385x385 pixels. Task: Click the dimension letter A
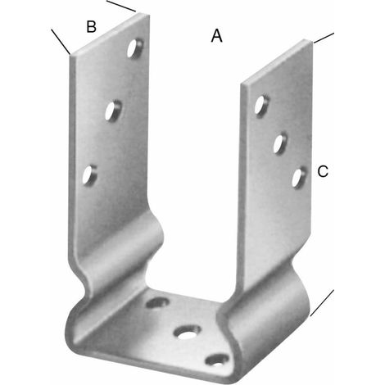(216, 36)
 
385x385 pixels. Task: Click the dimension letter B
(91, 26)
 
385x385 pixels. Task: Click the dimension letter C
(323, 172)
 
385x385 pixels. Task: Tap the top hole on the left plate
(135, 48)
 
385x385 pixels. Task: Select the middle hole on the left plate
(113, 111)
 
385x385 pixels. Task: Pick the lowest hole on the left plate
(89, 175)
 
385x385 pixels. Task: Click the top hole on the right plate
(261, 106)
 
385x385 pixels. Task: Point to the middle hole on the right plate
(280, 143)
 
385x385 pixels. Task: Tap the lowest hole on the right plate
(299, 178)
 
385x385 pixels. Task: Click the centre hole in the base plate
(188, 333)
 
